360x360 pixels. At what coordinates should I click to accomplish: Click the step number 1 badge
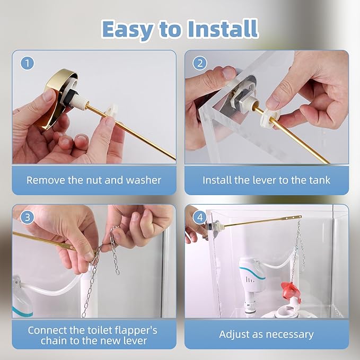[28, 64]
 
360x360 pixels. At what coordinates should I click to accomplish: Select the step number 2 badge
[199, 64]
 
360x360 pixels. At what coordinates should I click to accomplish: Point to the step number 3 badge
[28, 218]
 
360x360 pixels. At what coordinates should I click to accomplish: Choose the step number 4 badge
[199, 218]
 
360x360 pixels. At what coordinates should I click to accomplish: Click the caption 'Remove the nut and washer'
[94, 180]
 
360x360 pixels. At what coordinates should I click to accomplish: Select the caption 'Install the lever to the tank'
[266, 180]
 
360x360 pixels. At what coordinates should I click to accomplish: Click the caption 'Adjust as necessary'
[266, 335]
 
